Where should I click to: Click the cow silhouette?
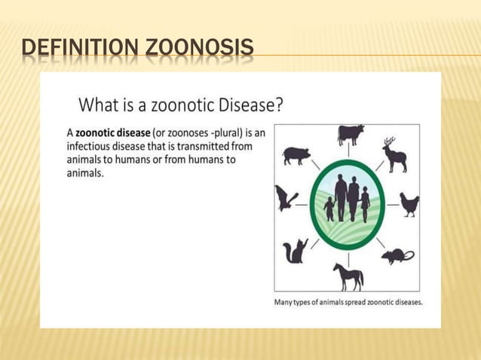tap(351, 136)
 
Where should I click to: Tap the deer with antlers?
tap(394, 155)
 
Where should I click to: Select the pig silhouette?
tap(296, 155)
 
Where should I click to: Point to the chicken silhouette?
tap(409, 204)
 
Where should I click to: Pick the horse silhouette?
tap(348, 276)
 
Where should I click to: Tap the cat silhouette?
tap(295, 251)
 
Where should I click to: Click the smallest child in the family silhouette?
tap(329, 209)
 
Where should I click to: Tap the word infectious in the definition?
tap(93, 146)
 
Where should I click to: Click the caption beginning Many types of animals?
tap(348, 302)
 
